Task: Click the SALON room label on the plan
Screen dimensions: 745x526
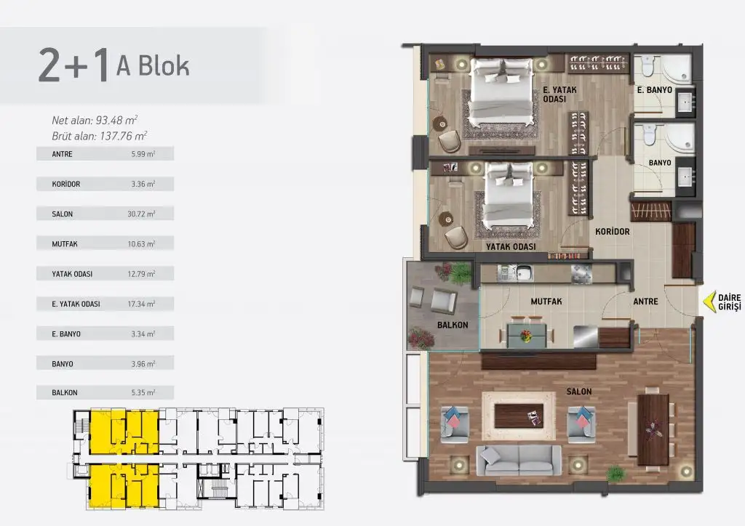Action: [578, 392]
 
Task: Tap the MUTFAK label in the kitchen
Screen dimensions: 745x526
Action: [546, 302]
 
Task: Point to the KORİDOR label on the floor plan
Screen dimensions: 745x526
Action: [613, 232]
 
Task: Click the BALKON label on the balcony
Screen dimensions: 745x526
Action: [453, 325]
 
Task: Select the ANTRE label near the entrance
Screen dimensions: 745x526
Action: [646, 302]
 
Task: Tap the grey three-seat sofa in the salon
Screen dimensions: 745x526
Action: [519, 460]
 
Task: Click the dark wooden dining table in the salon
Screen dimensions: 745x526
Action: [653, 429]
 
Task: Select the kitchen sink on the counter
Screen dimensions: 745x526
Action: [524, 273]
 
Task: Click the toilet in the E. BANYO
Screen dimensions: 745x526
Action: [648, 66]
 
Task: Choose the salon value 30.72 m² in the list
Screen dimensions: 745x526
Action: [141, 214]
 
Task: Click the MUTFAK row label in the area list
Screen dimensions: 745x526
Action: [65, 244]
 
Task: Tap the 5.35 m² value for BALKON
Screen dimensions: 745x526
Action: [143, 393]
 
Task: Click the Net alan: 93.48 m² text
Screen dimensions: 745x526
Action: [95, 121]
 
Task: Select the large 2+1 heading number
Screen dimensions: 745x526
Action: [73, 65]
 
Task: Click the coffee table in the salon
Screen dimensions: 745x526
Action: [519, 416]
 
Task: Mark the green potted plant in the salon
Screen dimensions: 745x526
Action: [615, 474]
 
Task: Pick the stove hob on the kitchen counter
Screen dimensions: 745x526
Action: [581, 274]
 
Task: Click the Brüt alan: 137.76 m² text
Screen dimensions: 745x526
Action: [99, 136]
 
